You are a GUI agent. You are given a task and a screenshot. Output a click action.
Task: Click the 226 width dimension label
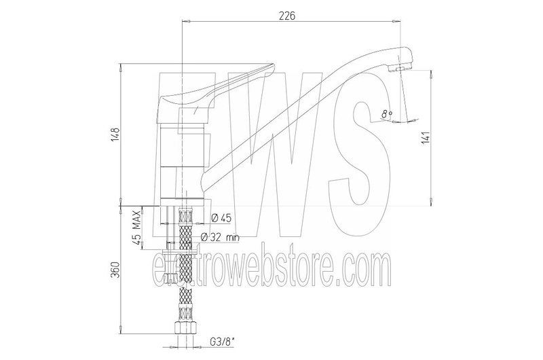pyautogui.click(x=287, y=16)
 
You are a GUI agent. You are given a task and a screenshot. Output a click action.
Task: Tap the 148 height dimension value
pyautogui.click(x=115, y=134)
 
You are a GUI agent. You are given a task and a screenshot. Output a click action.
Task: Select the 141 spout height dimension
pyautogui.click(x=426, y=138)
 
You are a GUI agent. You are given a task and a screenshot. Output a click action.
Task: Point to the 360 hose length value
pyautogui.click(x=115, y=270)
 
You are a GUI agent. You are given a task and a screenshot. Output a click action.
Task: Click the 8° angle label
pyautogui.click(x=387, y=113)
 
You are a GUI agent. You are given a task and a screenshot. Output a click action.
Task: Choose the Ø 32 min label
pyautogui.click(x=220, y=237)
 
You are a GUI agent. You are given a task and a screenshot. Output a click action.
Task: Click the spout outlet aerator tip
pyautogui.click(x=400, y=69)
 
